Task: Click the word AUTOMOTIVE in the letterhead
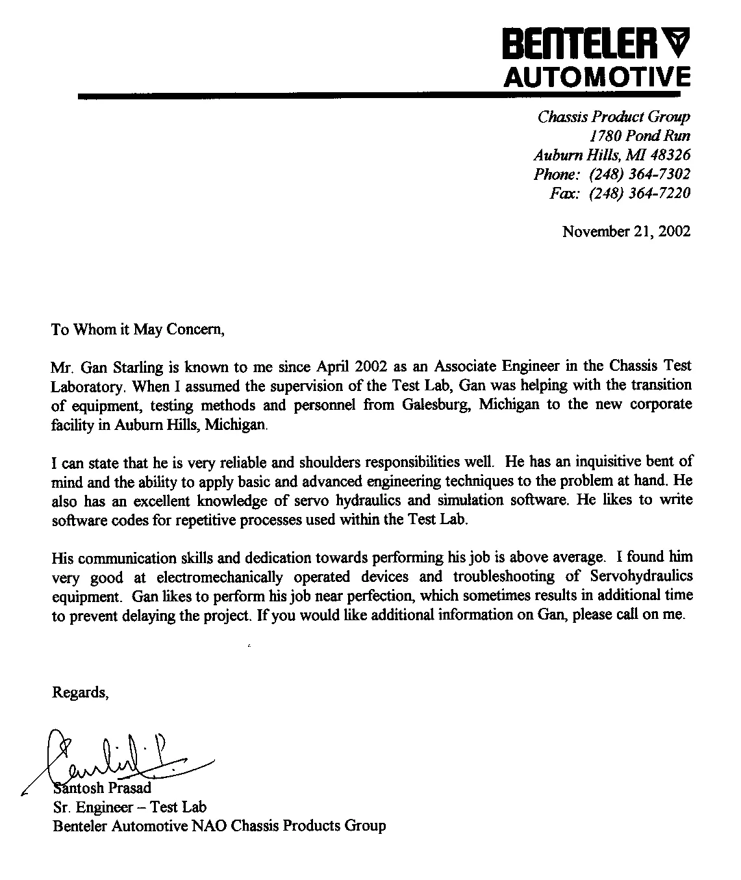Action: pyautogui.click(x=597, y=77)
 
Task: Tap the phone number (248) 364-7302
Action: pyautogui.click(x=639, y=174)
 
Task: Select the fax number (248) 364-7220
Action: pyautogui.click(x=639, y=194)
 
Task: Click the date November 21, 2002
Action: pyautogui.click(x=626, y=231)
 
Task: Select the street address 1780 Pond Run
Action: pyautogui.click(x=639, y=136)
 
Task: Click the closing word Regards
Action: pyautogui.click(x=79, y=692)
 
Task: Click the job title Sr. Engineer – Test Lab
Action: pyautogui.click(x=129, y=807)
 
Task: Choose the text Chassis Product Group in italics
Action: pyautogui.click(x=614, y=117)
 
